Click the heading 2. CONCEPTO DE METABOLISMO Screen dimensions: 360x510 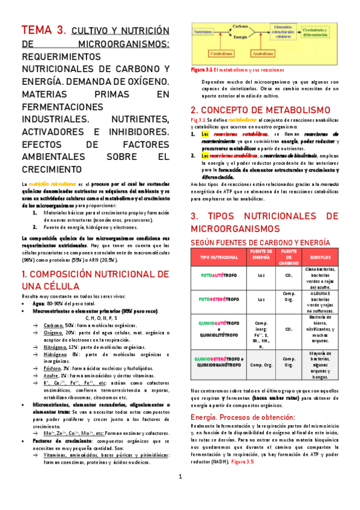coord(260,111)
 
